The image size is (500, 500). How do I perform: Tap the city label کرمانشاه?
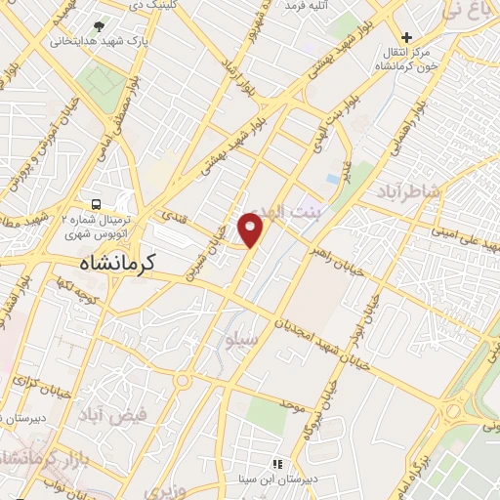click(122, 263)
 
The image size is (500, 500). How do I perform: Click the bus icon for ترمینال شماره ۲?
click(97, 205)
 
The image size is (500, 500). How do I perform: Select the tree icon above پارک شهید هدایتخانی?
click(100, 26)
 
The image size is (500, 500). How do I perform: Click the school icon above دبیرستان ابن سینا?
click(277, 464)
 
